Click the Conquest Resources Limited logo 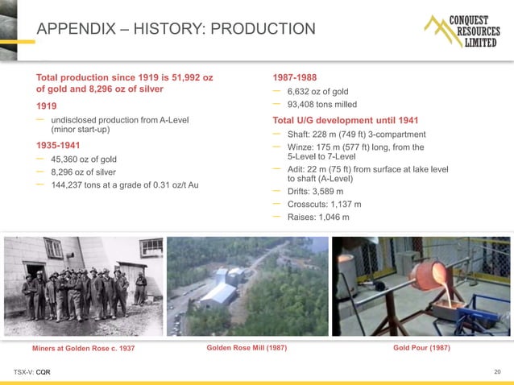pyautogui.click(x=462, y=31)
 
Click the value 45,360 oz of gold pyautogui.click(x=84, y=159)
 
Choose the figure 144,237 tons pyautogui.click(x=81, y=185)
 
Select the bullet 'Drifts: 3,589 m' pyautogui.click(x=316, y=192)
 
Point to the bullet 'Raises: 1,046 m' pyautogui.click(x=318, y=217)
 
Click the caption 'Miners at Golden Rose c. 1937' pyautogui.click(x=83, y=349)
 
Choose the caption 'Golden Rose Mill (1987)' pyautogui.click(x=247, y=348)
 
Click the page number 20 pyautogui.click(x=497, y=371)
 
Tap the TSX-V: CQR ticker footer pyautogui.click(x=32, y=372)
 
